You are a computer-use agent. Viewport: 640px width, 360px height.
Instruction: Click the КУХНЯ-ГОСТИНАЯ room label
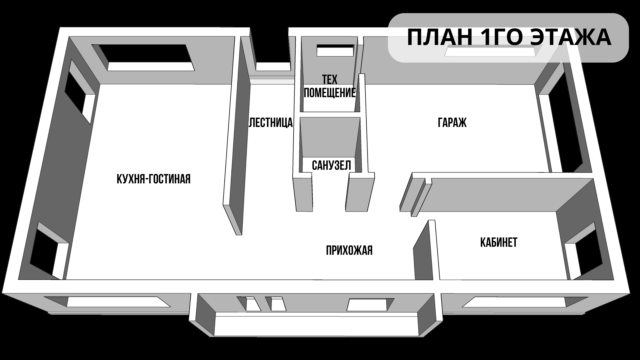click(x=153, y=179)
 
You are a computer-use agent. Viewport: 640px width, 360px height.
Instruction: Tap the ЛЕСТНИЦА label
click(x=271, y=123)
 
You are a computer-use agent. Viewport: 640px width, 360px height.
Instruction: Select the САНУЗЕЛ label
click(x=331, y=165)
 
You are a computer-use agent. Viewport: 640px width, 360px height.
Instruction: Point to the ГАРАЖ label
click(x=452, y=123)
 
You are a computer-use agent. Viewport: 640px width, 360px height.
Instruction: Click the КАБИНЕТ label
click(x=499, y=242)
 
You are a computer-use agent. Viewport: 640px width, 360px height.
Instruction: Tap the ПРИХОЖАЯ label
click(x=349, y=250)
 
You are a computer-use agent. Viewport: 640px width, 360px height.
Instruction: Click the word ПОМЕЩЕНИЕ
click(x=330, y=93)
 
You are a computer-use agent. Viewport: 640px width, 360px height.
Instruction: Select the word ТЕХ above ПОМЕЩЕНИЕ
click(x=330, y=80)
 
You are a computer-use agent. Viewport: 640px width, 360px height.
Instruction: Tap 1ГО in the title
click(x=499, y=37)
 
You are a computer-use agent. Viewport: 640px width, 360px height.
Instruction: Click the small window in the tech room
click(x=335, y=50)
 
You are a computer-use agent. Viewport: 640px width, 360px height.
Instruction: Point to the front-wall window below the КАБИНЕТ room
click(x=517, y=302)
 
